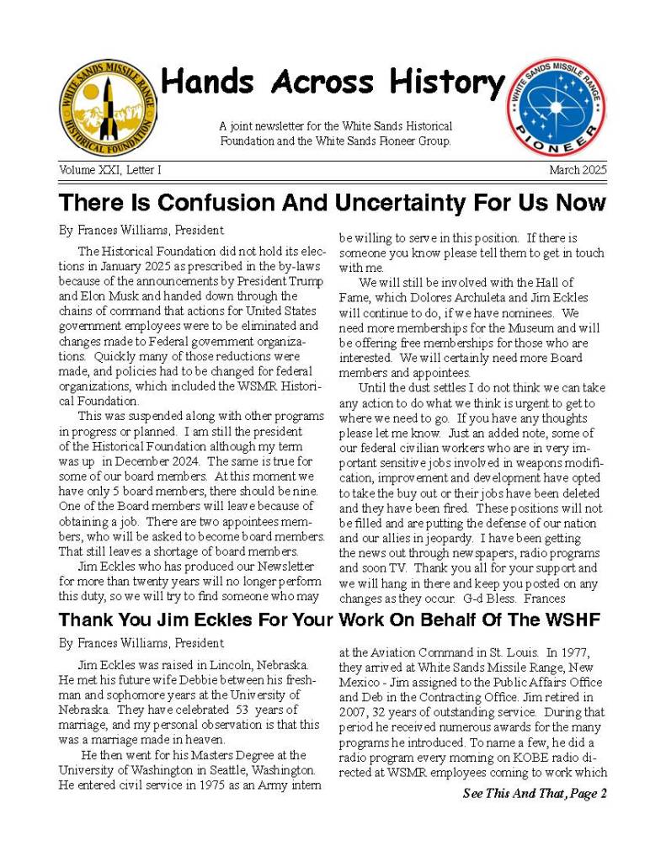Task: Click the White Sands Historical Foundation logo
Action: point(109,107)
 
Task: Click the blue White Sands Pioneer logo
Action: point(555,106)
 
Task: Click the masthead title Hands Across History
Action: point(332,82)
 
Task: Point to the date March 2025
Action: point(578,170)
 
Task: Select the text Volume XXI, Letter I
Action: point(110,170)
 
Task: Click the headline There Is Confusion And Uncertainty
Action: point(332,203)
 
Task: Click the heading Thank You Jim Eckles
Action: point(329,620)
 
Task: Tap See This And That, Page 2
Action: point(534,794)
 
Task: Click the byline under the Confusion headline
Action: point(141,230)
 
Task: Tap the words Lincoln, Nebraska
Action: point(253,666)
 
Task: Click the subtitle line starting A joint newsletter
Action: point(335,126)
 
